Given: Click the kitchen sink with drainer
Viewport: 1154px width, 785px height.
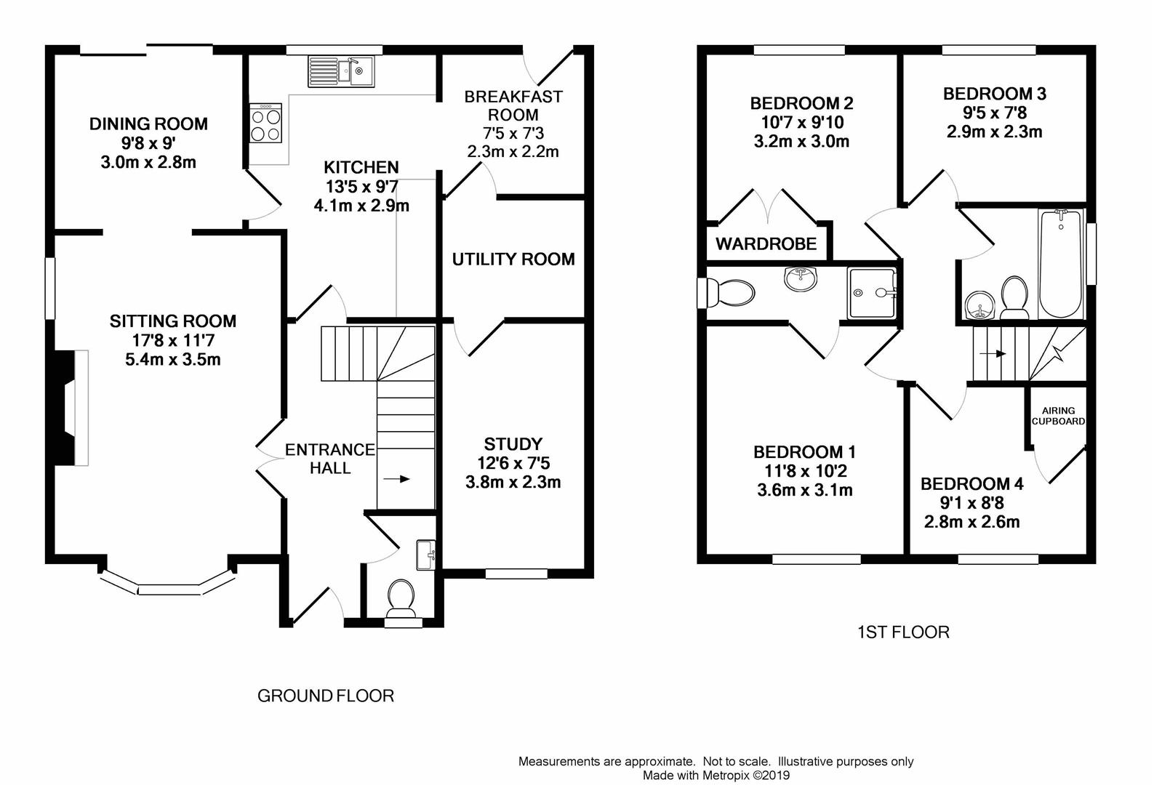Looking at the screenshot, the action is (341, 71).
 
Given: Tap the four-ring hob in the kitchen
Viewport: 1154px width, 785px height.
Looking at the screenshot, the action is (266, 123).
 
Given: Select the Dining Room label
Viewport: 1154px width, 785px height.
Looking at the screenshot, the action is (148, 124).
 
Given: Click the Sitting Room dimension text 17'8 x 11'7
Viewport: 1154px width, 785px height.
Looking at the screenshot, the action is (172, 340).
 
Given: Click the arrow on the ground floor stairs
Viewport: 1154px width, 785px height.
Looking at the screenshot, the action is (397, 479).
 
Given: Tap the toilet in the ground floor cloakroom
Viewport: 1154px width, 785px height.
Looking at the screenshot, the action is (401, 600).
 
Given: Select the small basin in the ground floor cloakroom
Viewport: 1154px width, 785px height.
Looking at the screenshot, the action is (425, 555).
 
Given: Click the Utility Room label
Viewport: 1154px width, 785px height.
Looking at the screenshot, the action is (513, 259).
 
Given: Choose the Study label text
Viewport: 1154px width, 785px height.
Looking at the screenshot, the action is (513, 444).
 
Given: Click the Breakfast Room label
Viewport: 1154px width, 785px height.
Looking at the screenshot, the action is (513, 105).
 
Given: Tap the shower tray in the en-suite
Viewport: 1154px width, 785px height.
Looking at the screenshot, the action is (872, 293).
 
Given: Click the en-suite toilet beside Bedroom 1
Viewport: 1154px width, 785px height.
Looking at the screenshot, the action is (726, 293).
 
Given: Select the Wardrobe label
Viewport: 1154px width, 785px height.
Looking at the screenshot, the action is (766, 243).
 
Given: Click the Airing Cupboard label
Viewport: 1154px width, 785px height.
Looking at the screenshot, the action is (1058, 416).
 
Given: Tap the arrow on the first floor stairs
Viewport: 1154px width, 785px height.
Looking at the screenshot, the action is (993, 354).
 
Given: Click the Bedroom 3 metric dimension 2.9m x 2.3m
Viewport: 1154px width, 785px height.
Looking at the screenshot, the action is (994, 132).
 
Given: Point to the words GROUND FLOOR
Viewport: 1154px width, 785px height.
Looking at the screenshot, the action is (326, 696).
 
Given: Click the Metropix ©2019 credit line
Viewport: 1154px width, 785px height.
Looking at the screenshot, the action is (716, 776).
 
